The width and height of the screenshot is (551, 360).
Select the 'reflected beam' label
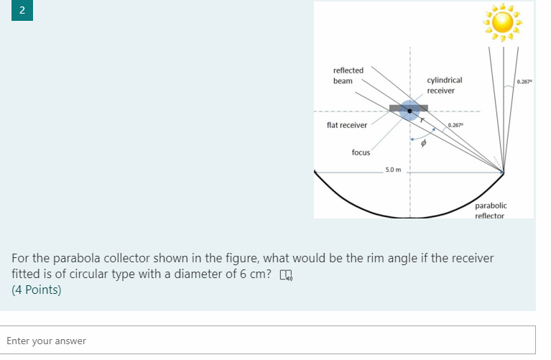point(348,75)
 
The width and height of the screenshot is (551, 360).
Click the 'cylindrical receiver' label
point(444,86)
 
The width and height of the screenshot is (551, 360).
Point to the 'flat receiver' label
point(346,125)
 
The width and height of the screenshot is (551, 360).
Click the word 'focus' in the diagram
point(361,152)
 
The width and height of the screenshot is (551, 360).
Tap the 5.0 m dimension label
point(393,170)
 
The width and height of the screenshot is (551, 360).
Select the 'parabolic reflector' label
point(491,211)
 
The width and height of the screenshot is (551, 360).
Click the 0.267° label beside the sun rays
point(524,81)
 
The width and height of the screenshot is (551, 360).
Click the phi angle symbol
point(424,144)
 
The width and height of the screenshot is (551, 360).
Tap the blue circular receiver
point(409,110)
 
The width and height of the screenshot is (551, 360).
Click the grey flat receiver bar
point(394,108)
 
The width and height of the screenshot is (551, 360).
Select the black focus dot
point(409,110)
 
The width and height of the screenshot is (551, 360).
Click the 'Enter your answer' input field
point(271,341)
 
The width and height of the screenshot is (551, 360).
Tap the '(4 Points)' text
point(37,290)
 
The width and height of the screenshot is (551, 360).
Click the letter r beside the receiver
point(422,120)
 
